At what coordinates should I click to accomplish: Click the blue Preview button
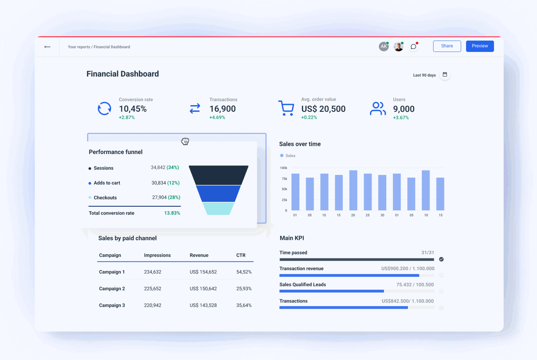point(480,46)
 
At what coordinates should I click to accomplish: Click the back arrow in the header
point(47,47)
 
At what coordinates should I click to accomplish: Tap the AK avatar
point(383,47)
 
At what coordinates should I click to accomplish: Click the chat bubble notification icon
point(413,47)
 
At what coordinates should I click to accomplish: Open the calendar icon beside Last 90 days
point(445,75)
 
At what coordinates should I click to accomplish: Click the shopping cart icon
point(286,108)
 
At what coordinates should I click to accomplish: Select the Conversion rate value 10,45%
point(133,109)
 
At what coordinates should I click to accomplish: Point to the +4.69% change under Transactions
point(217,118)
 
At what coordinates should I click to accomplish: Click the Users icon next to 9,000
point(377,109)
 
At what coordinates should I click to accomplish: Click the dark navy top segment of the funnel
point(219,175)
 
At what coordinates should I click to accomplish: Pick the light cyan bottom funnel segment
point(218,209)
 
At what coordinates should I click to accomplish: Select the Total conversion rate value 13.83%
point(172,213)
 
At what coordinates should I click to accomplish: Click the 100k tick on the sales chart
point(283,168)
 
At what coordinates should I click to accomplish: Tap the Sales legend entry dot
point(282,156)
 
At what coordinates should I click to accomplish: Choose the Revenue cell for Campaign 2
point(203,289)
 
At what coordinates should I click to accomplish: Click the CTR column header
point(241,256)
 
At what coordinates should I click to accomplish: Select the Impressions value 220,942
point(153,306)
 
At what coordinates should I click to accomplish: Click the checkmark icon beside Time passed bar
point(441,259)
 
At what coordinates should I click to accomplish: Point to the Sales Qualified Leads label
point(302,285)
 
